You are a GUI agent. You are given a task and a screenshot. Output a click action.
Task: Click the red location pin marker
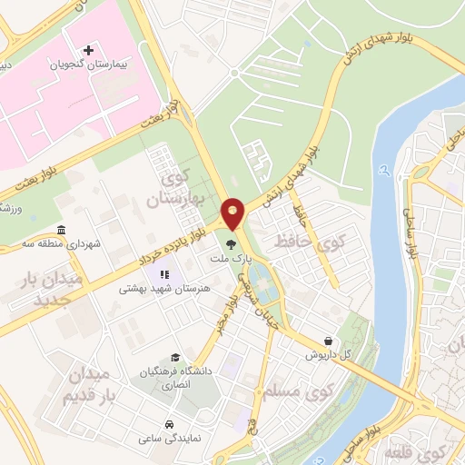click(233, 213)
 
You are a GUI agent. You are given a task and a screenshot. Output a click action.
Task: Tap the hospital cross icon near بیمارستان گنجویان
click(88, 50)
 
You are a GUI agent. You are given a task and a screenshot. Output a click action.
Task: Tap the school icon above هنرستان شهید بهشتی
click(164, 273)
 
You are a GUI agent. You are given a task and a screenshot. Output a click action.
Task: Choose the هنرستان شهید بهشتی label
click(164, 289)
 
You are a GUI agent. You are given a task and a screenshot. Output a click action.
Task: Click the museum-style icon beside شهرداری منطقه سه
click(61, 229)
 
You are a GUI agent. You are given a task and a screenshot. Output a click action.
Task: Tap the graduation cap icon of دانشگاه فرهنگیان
click(175, 357)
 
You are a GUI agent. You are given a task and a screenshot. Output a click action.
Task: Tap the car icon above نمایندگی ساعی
click(170, 424)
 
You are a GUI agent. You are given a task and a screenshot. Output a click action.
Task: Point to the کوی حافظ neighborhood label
click(323, 242)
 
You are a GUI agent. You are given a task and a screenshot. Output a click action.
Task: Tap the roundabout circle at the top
click(234, 74)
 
